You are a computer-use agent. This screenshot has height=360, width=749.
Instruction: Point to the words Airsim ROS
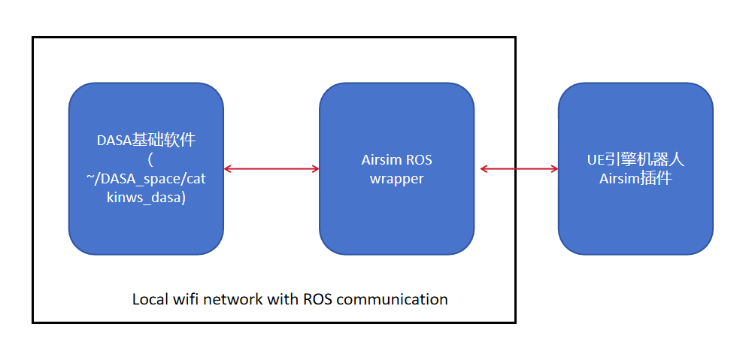396,159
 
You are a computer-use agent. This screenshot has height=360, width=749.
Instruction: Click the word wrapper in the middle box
396,179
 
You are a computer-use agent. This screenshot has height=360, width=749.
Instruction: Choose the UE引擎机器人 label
635,159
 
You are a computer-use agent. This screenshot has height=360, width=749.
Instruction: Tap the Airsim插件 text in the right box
635,179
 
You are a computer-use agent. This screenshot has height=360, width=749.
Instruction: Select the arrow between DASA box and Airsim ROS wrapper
271,169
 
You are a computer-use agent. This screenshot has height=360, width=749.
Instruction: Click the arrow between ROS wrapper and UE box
519,169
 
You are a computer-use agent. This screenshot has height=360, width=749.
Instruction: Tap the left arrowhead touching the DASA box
228,169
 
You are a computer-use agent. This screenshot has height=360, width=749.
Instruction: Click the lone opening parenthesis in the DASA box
150,159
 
